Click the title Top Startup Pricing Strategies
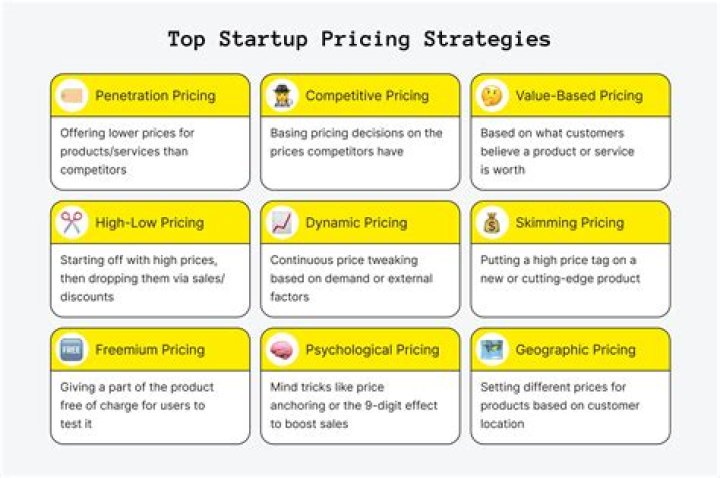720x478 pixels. coord(359,39)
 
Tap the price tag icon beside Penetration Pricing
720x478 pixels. coord(73,96)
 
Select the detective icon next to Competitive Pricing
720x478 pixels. coord(283,96)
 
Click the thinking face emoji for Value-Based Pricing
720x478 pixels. coord(493,96)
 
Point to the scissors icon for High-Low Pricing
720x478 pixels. coord(73,223)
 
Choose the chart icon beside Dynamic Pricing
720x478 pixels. coord(283,223)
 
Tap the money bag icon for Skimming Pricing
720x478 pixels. coord(493,223)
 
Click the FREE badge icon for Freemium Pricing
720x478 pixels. coord(73,350)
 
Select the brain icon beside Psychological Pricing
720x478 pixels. coord(283,350)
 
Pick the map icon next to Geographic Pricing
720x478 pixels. coord(493,350)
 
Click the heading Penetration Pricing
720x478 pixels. coord(155,96)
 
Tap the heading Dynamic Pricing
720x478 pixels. coord(356,223)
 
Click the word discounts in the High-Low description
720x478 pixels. coord(88,296)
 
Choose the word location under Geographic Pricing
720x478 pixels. coord(502,423)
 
